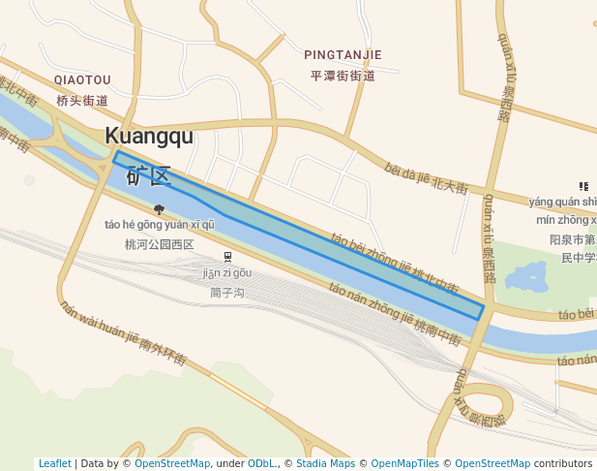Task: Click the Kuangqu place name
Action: point(149,136)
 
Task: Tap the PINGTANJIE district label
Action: point(343,55)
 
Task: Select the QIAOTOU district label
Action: point(82,79)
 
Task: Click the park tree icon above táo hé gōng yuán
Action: point(159,208)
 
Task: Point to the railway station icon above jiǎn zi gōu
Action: point(228,256)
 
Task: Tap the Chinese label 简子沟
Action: point(228,292)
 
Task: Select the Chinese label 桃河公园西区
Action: point(160,244)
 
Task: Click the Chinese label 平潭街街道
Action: point(343,76)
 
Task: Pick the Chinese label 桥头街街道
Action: point(82,100)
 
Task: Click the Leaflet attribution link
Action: point(54,464)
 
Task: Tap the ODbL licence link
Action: point(262,464)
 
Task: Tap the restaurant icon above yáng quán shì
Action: point(583,186)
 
